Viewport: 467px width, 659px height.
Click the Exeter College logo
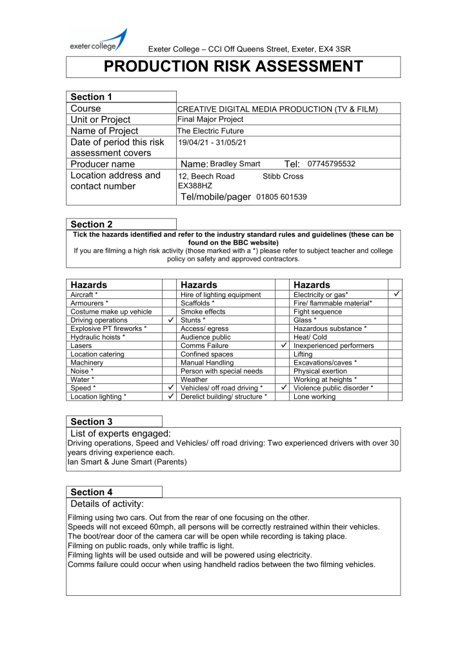(x=98, y=41)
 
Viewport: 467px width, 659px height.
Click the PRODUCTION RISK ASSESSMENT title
(x=234, y=66)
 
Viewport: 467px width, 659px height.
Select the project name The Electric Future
(x=210, y=131)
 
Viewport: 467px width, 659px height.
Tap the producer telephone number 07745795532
(x=332, y=164)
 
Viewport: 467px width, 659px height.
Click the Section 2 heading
(x=92, y=224)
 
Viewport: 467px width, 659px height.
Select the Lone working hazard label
(x=314, y=397)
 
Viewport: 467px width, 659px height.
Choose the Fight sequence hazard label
(x=319, y=312)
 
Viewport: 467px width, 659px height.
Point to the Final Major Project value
(x=210, y=119)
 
